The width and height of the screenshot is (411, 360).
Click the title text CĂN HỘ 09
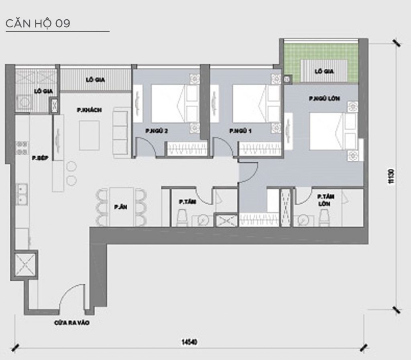pyautogui.click(x=38, y=23)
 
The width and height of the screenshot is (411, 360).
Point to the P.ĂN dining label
pyautogui.click(x=118, y=207)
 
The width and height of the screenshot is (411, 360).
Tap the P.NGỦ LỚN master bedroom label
pyautogui.click(x=322, y=98)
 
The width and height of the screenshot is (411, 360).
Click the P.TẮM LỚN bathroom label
pyautogui.click(x=326, y=200)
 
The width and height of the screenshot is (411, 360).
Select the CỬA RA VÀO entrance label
pyautogui.click(x=72, y=322)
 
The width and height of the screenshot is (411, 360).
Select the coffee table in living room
pyautogui.click(x=90, y=135)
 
